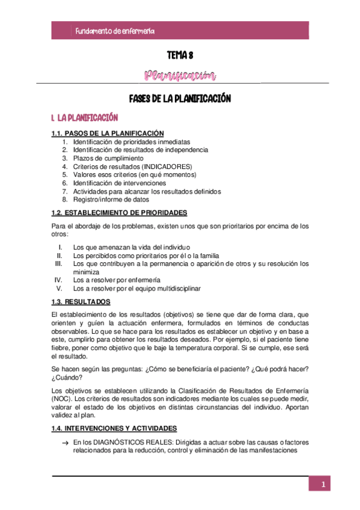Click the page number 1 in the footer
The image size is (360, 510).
click(x=323, y=485)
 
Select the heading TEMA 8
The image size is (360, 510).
click(x=180, y=56)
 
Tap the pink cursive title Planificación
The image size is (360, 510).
click(x=180, y=76)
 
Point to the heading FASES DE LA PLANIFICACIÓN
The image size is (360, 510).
click(x=180, y=98)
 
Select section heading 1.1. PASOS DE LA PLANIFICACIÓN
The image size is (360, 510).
click(x=108, y=133)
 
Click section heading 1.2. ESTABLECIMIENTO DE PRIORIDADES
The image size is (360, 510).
click(x=119, y=212)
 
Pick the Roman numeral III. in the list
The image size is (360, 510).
click(x=58, y=263)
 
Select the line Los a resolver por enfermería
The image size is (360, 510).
click(x=117, y=280)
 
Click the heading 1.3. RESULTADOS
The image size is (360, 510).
click(x=81, y=301)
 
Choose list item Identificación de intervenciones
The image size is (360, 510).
click(x=120, y=183)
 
